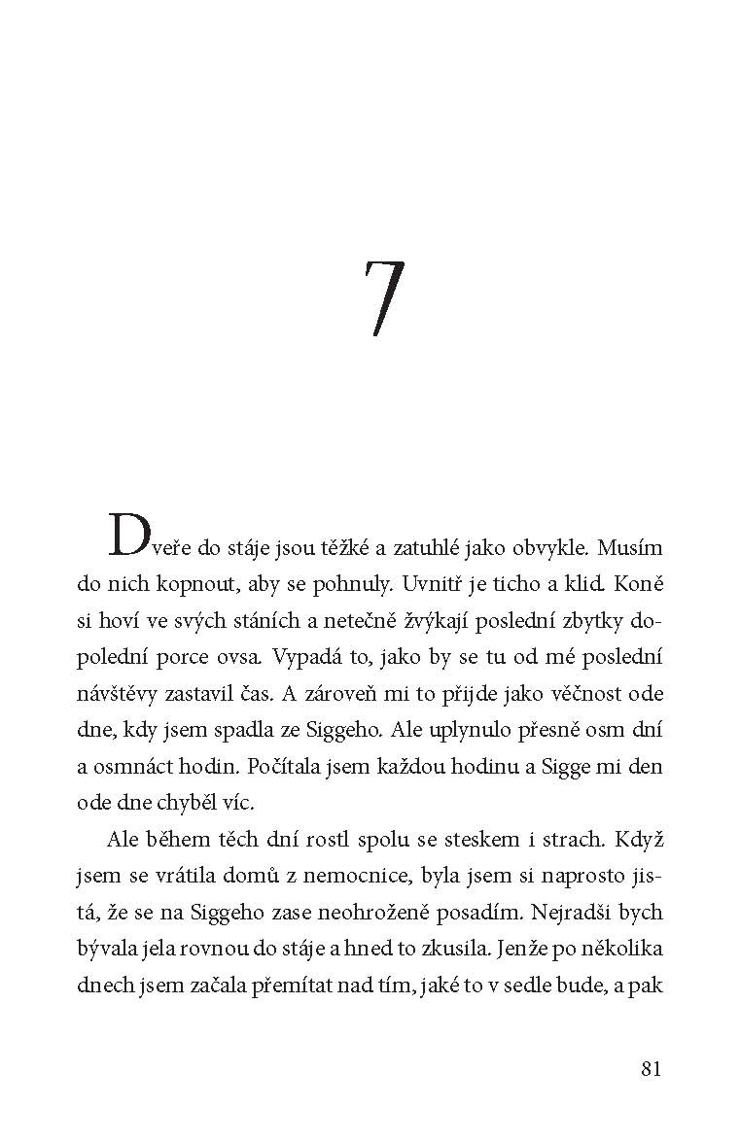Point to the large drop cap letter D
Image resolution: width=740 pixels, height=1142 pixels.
tap(130, 536)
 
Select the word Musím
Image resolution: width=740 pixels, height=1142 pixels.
tap(630, 546)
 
